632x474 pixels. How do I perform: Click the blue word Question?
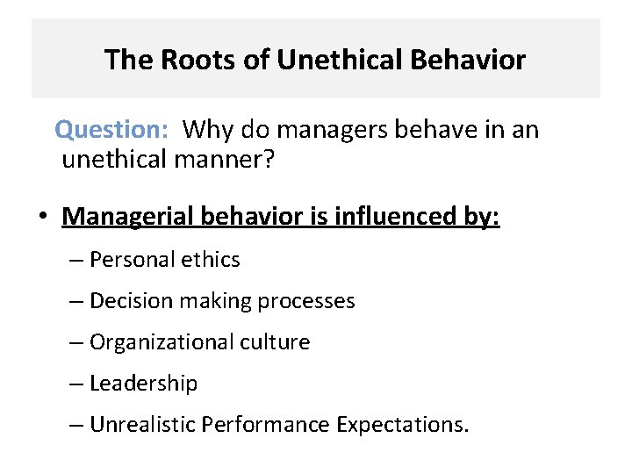pyautogui.click(x=111, y=130)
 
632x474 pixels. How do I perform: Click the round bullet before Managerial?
pyautogui.click(x=40, y=216)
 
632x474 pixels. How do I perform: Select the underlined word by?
pyautogui.click(x=481, y=216)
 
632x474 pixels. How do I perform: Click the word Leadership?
pyautogui.click(x=144, y=384)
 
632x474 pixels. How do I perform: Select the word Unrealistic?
pyautogui.click(x=142, y=425)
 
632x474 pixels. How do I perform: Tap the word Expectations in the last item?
pyautogui.click(x=402, y=425)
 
